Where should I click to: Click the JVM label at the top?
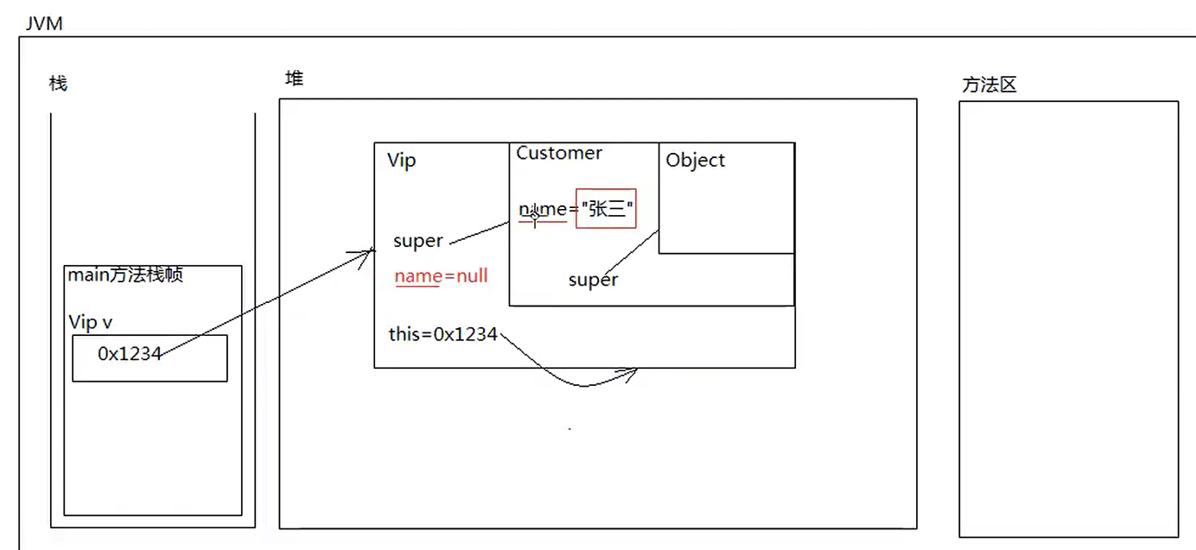(x=44, y=23)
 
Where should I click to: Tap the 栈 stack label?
(x=58, y=84)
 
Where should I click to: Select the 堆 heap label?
(x=295, y=79)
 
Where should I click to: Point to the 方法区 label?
(x=989, y=85)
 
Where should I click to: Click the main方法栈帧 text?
(x=126, y=275)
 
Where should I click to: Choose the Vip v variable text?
(x=91, y=322)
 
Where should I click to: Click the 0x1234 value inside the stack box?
(x=130, y=353)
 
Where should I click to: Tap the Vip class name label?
(x=401, y=161)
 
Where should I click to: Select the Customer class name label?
(x=559, y=153)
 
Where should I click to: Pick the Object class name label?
(x=696, y=160)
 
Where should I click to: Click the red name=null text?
(x=442, y=276)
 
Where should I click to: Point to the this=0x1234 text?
(x=443, y=334)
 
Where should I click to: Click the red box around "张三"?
(x=606, y=209)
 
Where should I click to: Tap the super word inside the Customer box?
(x=593, y=280)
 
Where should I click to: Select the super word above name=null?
(x=418, y=241)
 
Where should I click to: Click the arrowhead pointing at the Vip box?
(x=368, y=253)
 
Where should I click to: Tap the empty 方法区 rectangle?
(x=1068, y=319)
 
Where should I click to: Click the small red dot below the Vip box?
(x=569, y=428)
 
